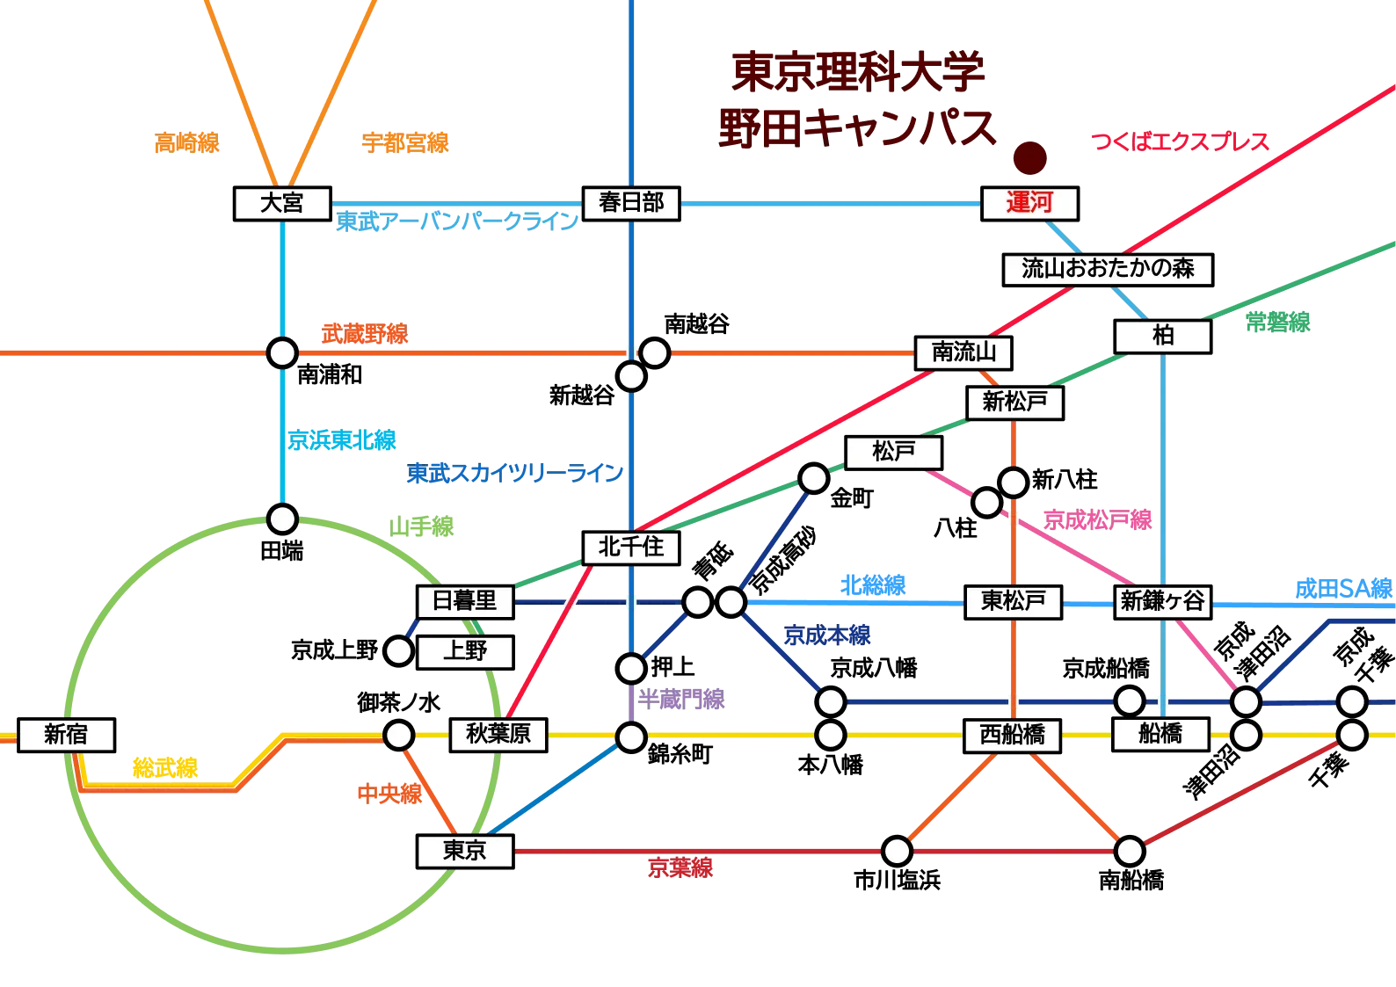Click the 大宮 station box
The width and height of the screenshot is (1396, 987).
tap(281, 203)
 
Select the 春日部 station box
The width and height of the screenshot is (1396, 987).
tap(631, 203)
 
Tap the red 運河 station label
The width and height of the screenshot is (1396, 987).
tap(1029, 203)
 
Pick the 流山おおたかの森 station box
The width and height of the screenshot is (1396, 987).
tap(1108, 269)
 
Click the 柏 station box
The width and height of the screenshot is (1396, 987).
tap(1162, 336)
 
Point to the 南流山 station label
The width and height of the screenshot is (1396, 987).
tap(963, 352)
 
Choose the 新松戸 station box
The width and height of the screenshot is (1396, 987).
tap(1014, 403)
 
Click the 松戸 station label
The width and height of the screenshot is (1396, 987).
tap(893, 452)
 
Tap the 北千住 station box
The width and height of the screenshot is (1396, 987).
tap(631, 547)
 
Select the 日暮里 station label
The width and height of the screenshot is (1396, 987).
tap(464, 601)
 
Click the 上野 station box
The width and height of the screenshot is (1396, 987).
tap(464, 651)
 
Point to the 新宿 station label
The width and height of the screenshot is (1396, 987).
tap(66, 734)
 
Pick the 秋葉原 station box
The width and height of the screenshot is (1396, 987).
tap(498, 734)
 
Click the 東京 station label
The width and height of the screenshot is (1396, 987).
tap(464, 851)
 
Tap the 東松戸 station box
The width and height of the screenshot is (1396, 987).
tap(1013, 601)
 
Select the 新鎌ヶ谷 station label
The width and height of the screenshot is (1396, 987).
tap(1162, 601)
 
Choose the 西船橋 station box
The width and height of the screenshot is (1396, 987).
tap(1012, 734)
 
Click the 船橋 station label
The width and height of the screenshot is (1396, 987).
tap(1160, 734)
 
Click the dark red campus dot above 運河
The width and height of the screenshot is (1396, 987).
tap(1029, 160)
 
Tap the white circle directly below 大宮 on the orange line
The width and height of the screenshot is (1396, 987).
tap(282, 353)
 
